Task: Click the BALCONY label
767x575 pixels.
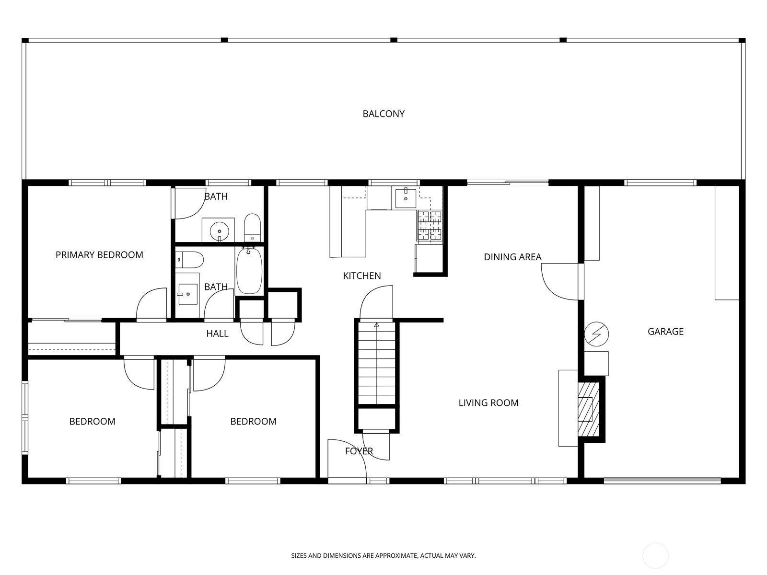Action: coord(383,114)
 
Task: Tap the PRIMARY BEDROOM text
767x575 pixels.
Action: coord(99,255)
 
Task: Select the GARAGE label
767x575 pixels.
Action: coord(665,331)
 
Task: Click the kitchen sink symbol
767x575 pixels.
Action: coord(406,197)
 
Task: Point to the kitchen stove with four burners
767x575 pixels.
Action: coord(430,226)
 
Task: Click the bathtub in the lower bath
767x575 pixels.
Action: coord(249,271)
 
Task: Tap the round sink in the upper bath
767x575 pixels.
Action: coord(219,230)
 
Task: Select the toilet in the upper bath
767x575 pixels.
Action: coord(252,228)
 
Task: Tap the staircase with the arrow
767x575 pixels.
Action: coord(377,364)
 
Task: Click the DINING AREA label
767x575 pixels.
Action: coord(512,257)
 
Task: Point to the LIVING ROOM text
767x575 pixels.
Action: coord(488,403)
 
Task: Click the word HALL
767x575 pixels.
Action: coord(217,333)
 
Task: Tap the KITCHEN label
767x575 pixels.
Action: coord(362,276)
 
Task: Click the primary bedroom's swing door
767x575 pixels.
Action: coord(152,304)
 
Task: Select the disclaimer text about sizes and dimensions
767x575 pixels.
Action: coord(383,556)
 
